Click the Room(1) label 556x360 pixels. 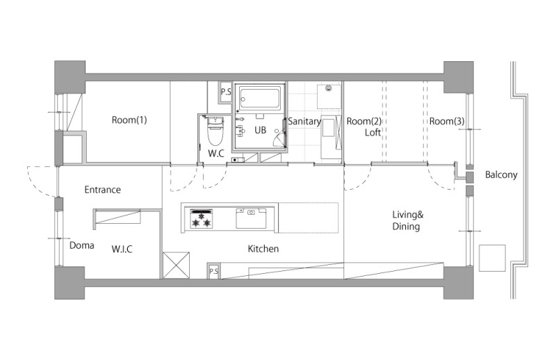[129, 120]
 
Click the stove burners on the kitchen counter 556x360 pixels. [202, 219]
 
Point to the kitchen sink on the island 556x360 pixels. [251, 218]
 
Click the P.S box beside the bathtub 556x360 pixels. [226, 92]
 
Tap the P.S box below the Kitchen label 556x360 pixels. [213, 271]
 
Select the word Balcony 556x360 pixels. [501, 174]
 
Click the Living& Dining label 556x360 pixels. [407, 220]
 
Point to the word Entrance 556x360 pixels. [102, 190]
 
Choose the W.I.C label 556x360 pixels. [122, 249]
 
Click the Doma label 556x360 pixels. [81, 245]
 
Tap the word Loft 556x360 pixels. [373, 133]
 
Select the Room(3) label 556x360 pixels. [447, 122]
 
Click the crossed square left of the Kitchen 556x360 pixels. [177, 265]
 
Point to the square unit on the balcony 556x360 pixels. [492, 258]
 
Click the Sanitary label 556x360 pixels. [304, 122]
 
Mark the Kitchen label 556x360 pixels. [263, 249]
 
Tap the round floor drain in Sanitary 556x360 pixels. [328, 88]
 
